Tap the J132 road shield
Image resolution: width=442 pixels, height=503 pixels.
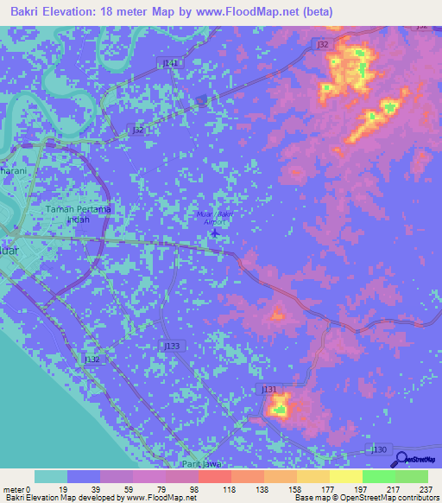[x=91, y=358]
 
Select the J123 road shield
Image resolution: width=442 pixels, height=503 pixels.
[x=173, y=345]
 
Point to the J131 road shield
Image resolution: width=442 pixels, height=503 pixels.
[x=269, y=390]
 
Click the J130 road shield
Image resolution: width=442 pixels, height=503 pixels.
[x=378, y=449]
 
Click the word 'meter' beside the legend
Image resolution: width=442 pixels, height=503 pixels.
[x=13, y=488]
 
